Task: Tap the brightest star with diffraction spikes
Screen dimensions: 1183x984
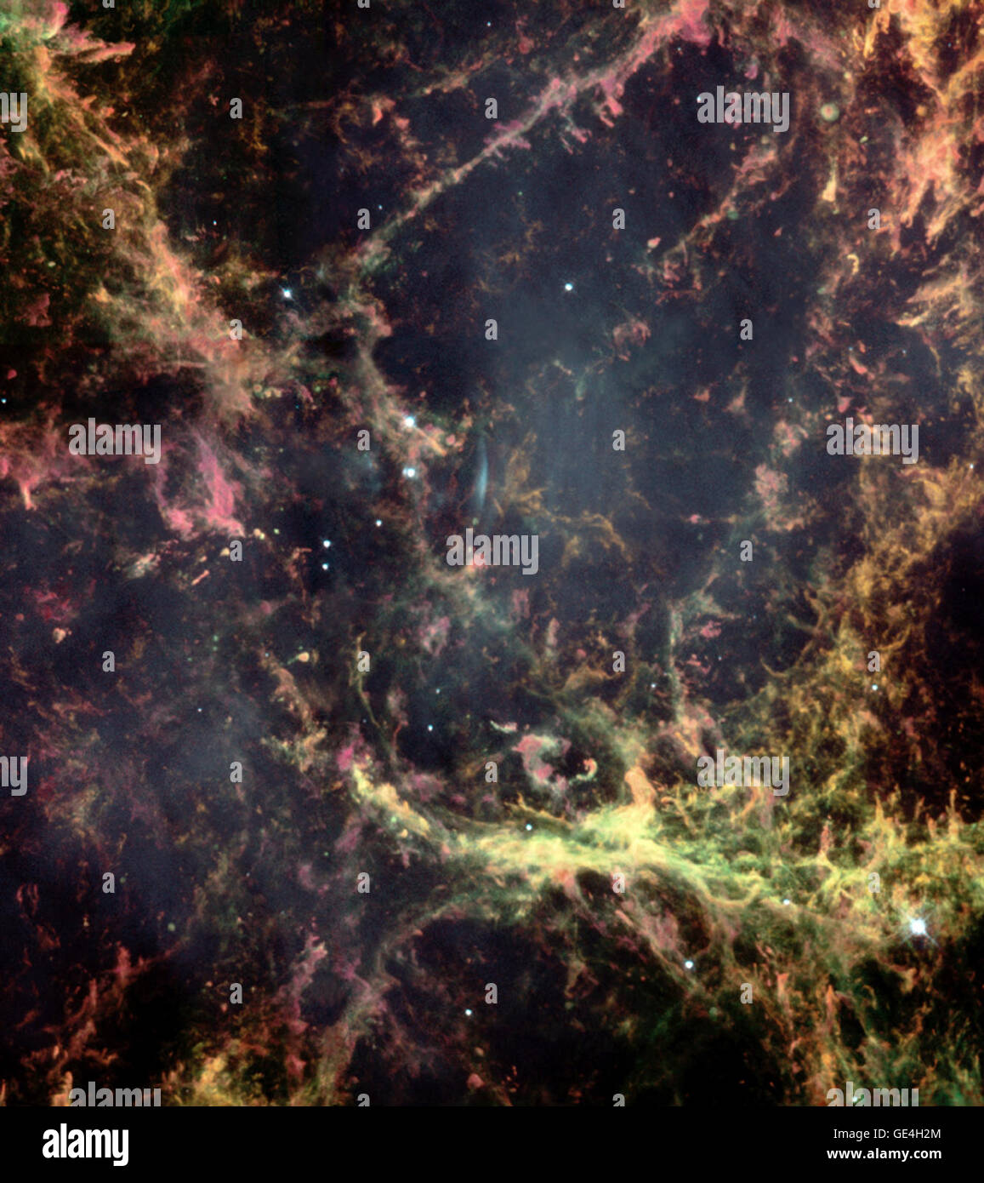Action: pos(917,925)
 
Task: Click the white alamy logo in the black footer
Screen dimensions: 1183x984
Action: pos(85,1144)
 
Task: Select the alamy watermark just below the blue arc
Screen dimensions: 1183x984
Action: pos(492,551)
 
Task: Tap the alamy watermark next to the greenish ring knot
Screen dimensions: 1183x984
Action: pos(742,109)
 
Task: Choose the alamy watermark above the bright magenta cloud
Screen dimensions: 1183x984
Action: pos(115,441)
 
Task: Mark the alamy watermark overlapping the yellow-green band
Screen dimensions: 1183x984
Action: pos(742,773)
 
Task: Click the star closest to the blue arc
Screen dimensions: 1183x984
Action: pos(409,471)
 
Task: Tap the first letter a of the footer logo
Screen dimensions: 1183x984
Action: pos(49,1145)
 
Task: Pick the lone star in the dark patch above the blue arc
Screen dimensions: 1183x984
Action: pos(568,287)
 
